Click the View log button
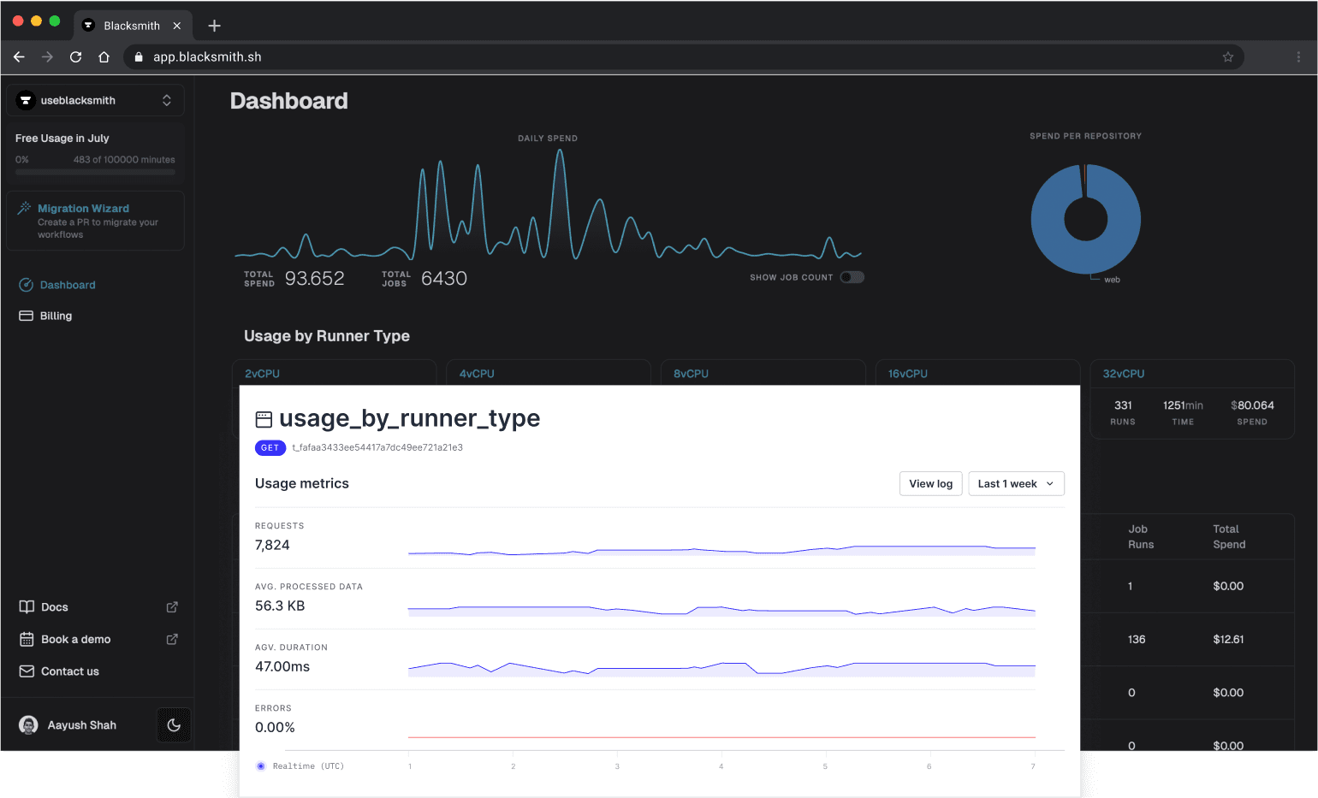point(930,484)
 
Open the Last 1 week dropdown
point(1016,484)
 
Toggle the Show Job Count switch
point(852,277)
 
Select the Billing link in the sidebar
point(56,316)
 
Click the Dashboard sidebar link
point(67,285)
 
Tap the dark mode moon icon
point(174,725)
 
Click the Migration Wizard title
point(83,209)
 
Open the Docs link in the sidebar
point(55,607)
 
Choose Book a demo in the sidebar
point(75,640)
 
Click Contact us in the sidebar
point(69,671)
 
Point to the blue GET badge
point(270,448)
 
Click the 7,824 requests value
point(272,546)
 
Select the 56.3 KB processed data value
point(280,606)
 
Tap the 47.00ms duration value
point(282,667)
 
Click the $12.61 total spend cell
point(1228,640)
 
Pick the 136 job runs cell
point(1137,640)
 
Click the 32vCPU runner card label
point(1123,374)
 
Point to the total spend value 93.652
point(314,279)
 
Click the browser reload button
point(75,57)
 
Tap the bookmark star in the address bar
point(1227,57)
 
